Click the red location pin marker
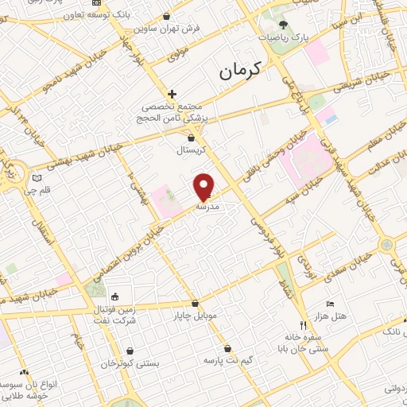pyautogui.click(x=204, y=186)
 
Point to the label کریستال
pyautogui.click(x=191, y=149)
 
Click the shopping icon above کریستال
pyautogui.click(x=191, y=138)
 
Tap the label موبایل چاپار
pyautogui.click(x=195, y=316)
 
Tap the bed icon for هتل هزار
pyautogui.click(x=331, y=304)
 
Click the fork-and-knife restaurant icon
pyautogui.click(x=302, y=324)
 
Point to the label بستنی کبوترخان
pyautogui.click(x=130, y=362)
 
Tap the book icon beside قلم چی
pyautogui.click(x=36, y=178)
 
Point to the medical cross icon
pyautogui.click(x=172, y=94)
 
